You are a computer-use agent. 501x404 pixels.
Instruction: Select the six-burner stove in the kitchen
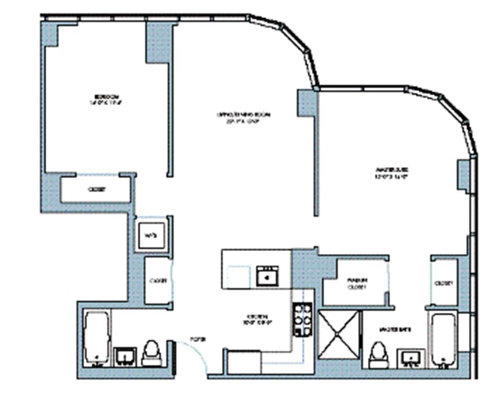point(303,319)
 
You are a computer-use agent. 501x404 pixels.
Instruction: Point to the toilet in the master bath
point(379,355)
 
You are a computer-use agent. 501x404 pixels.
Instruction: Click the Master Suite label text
point(391,173)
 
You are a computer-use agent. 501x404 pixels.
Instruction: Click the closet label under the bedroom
point(96,189)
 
